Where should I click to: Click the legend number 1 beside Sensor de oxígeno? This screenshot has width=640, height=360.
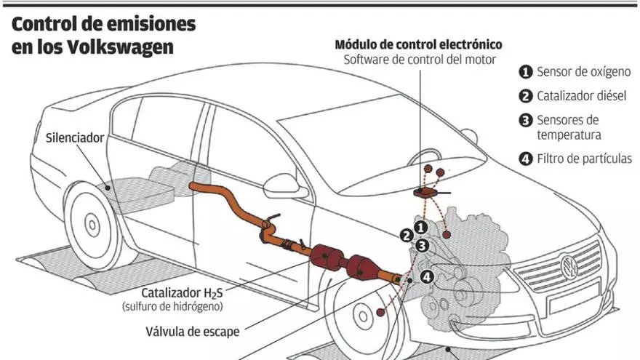pyautogui.click(x=525, y=72)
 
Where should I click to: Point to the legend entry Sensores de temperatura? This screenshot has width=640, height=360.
pyautogui.click(x=568, y=127)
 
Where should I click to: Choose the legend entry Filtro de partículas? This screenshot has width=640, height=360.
pyautogui.click(x=584, y=158)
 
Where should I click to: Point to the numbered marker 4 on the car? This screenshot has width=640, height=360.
pyautogui.click(x=427, y=276)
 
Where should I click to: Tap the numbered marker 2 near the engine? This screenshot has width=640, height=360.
pyautogui.click(x=406, y=235)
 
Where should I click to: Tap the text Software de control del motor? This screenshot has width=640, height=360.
pyautogui.click(x=420, y=60)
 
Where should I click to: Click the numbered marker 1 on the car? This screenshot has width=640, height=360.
pyautogui.click(x=420, y=228)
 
